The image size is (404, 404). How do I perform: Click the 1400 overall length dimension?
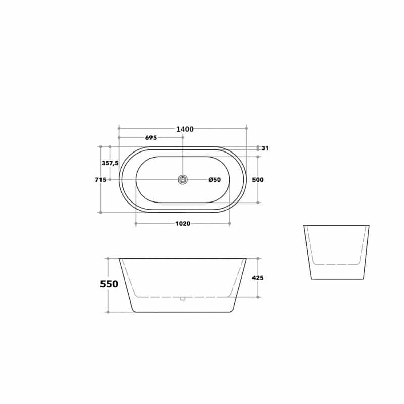click(185, 129)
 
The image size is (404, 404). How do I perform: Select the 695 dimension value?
click(150, 138)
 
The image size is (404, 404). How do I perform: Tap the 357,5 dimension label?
click(110, 163)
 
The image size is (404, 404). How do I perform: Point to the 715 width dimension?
click(100, 180)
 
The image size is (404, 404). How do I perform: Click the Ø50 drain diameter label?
click(215, 180)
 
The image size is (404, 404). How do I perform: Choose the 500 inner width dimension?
click(258, 180)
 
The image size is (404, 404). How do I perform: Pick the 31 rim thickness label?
click(265, 148)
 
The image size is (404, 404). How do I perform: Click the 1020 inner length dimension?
click(183, 224)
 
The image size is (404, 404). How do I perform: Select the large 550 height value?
click(109, 284)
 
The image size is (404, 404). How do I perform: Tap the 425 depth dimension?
click(258, 278)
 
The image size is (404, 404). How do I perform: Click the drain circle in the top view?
click(183, 179)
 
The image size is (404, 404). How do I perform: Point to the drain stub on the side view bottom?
click(183, 298)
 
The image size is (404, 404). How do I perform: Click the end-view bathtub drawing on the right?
click(336, 252)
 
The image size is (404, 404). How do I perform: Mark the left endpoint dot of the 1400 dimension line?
click(119, 128)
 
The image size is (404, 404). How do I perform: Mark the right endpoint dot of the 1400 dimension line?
click(246, 128)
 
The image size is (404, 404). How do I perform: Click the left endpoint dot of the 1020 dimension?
click(136, 223)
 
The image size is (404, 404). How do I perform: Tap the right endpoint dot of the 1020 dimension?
click(229, 223)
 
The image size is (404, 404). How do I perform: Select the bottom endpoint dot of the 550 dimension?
click(108, 312)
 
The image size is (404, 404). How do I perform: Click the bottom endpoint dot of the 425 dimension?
click(258, 297)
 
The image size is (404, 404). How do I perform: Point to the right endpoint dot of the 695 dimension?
click(183, 137)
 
